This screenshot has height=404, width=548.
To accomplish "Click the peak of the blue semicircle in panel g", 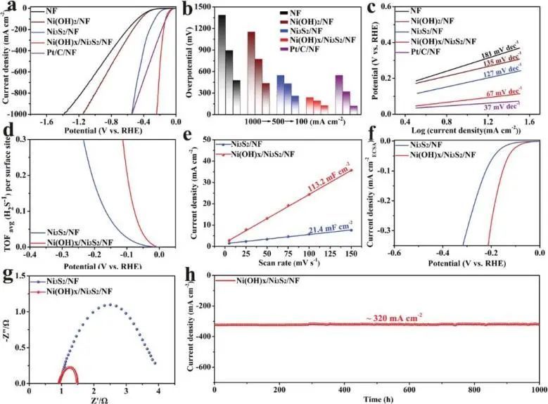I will (x=108, y=305).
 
